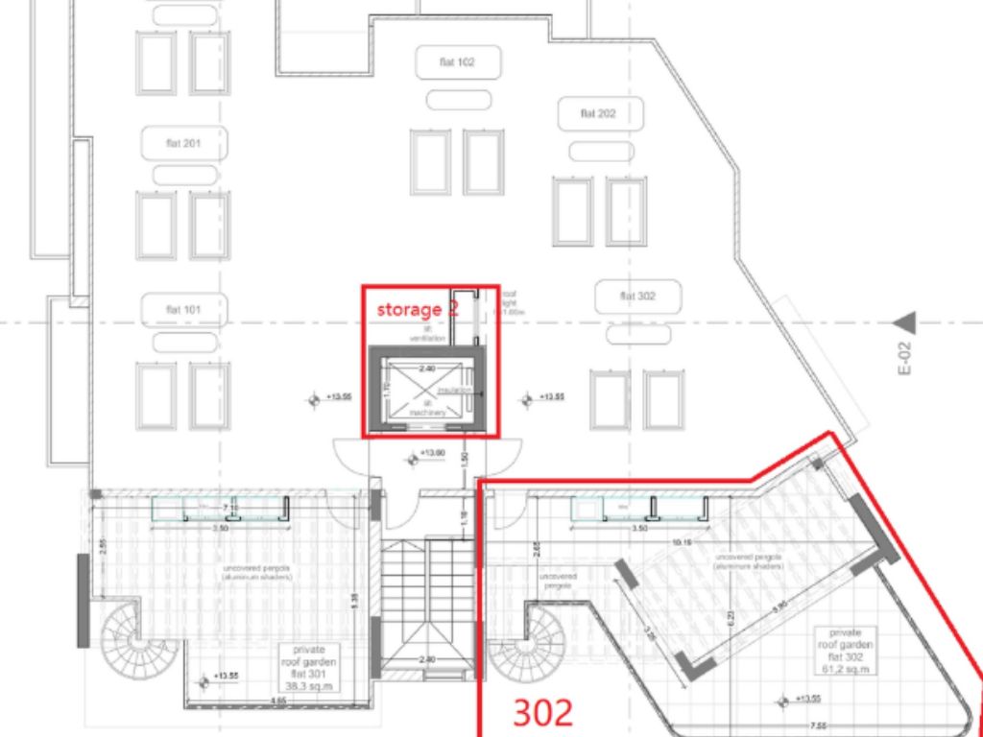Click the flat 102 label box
point(458,62)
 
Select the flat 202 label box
point(598,113)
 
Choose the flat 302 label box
point(637,297)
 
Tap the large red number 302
point(542,712)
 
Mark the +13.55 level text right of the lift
point(552,396)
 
